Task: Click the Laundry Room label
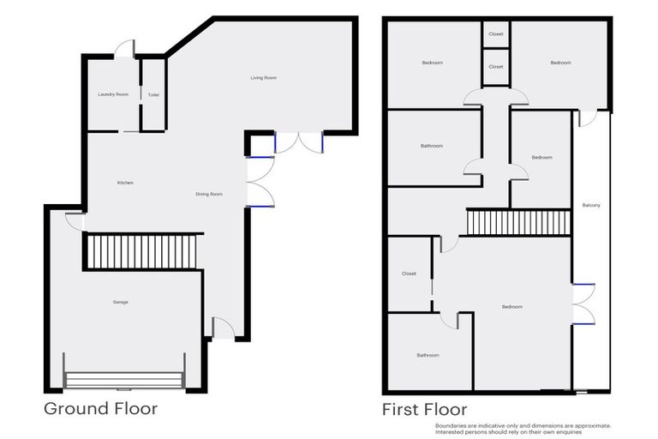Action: (113, 94)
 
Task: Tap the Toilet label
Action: (153, 94)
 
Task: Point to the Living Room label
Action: (263, 78)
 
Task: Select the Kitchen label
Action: (125, 183)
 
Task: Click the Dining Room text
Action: (209, 195)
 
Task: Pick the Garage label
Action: (121, 302)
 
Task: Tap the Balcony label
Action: (590, 205)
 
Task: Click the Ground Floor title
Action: (100, 408)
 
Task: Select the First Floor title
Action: (424, 409)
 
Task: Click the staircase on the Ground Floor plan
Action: (144, 252)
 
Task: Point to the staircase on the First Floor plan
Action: (518, 223)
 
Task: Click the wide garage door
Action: (124, 380)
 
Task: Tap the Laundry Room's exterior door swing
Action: (125, 48)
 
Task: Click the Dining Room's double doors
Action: (259, 182)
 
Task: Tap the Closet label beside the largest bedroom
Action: (409, 274)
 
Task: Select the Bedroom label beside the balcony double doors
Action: (511, 307)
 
